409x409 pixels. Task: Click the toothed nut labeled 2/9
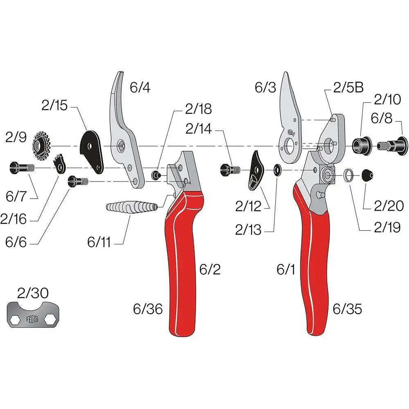point(41,146)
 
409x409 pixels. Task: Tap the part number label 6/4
point(140,87)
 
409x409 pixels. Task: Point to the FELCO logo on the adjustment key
point(32,320)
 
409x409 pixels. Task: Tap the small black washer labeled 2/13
point(277,170)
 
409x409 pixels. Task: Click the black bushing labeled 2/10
point(362,146)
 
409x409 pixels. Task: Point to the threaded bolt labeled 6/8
point(393,145)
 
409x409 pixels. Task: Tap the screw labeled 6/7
point(22,167)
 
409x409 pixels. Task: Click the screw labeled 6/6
point(78,181)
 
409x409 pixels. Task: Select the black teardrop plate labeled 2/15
point(91,152)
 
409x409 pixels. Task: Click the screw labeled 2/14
point(230,170)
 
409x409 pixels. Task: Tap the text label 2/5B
point(348,88)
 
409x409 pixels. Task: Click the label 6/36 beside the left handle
point(148,309)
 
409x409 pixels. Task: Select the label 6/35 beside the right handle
point(347,309)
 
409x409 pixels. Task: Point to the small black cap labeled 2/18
point(156,175)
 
